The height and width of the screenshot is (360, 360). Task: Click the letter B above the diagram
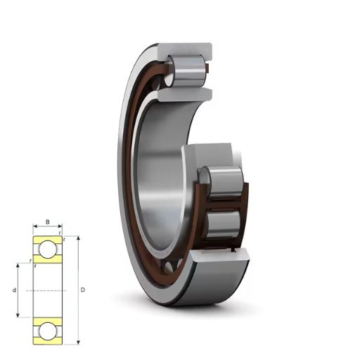[48, 221]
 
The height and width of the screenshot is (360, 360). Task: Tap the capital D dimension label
[83, 290]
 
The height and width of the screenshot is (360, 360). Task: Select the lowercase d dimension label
[14, 290]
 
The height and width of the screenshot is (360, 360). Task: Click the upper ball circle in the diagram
[48, 249]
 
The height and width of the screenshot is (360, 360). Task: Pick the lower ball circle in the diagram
[48, 331]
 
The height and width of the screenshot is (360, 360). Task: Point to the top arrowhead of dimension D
[79, 238]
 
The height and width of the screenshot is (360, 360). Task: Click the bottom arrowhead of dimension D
[79, 342]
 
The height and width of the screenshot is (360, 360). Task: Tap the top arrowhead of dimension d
[18, 266]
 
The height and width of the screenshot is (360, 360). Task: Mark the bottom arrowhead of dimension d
[18, 315]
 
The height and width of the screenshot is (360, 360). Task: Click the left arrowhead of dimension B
[35, 226]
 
